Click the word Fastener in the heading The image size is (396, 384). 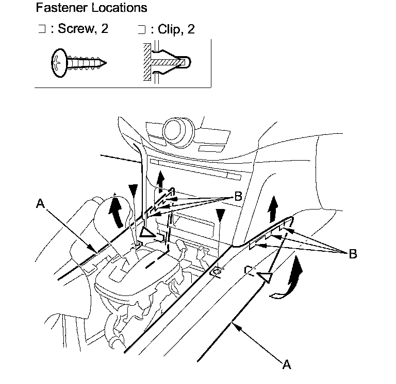(57, 8)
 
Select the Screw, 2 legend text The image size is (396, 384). (83, 29)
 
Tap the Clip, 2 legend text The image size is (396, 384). (173, 29)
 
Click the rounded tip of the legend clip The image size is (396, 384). (189, 62)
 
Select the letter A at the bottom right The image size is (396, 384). (287, 364)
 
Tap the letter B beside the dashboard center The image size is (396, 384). (238, 196)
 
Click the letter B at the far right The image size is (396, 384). (353, 253)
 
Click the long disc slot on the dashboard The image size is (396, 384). (195, 169)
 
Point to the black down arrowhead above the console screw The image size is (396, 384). (221, 213)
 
